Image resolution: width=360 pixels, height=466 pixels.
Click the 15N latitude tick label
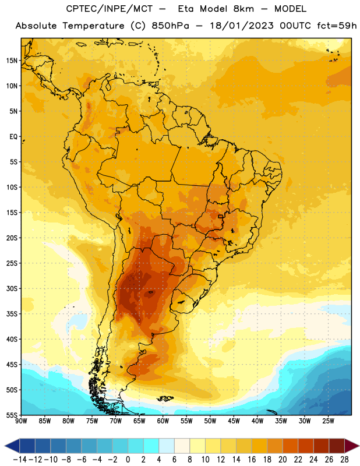pyautogui.click(x=12, y=61)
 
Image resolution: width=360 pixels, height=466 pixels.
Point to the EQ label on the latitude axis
pyautogui.click(x=13, y=137)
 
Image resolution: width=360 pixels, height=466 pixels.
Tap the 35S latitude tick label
pyautogui.click(x=12, y=314)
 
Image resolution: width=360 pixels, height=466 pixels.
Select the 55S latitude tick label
pyautogui.click(x=12, y=415)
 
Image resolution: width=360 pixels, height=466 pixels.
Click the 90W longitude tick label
pyautogui.click(x=21, y=421)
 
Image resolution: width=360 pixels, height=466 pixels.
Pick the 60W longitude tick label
pyautogui.click(x=163, y=421)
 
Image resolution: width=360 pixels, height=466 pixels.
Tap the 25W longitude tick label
pyautogui.click(x=328, y=421)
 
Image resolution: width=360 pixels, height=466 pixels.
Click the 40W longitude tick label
pyautogui.click(x=257, y=421)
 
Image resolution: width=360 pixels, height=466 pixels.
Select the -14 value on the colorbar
pyautogui.click(x=20, y=460)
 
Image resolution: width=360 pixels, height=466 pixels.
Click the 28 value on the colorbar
pyautogui.click(x=344, y=460)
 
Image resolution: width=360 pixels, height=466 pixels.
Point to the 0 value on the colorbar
pyautogui.click(x=128, y=460)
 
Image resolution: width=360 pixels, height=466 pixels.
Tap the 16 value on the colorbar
pyautogui.click(x=252, y=460)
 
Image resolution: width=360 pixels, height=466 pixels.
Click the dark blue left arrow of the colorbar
pyautogui.click(x=12, y=446)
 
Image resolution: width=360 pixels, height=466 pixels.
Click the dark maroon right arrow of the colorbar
pyautogui.click(x=352, y=446)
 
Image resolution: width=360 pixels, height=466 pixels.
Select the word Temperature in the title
pyautogui.click(x=93, y=26)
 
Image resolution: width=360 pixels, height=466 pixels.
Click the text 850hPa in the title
pyautogui.click(x=170, y=26)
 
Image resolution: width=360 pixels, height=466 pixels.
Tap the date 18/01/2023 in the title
pyautogui.click(x=242, y=26)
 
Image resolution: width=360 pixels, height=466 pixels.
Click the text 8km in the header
pyautogui.click(x=243, y=9)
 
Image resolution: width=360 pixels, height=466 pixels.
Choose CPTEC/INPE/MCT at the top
pyautogui.click(x=110, y=9)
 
